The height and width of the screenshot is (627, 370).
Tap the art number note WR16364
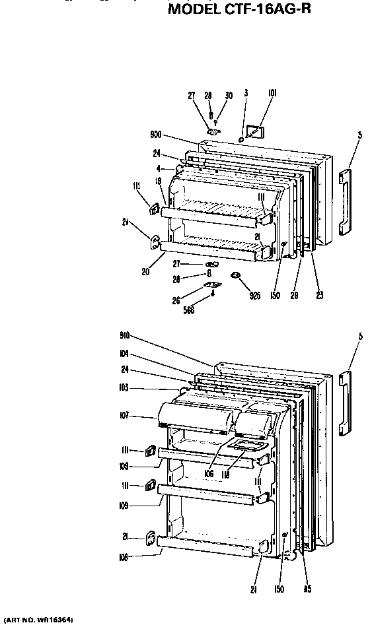pos(38,621)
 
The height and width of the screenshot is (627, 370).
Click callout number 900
pos(155,135)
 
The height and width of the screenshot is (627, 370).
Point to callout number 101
pos(272,94)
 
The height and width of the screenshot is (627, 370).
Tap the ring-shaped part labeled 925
pos(235,275)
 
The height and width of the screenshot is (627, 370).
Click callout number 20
pos(144,271)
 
